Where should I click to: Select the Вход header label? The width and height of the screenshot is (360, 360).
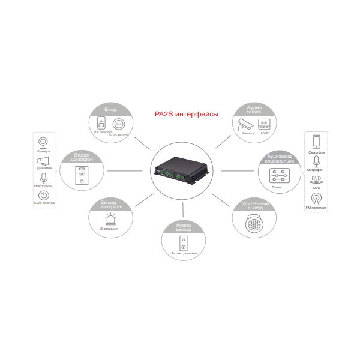[x=110, y=110]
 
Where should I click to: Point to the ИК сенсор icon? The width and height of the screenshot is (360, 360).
[x=101, y=124]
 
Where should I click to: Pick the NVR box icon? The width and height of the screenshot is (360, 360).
[x=263, y=124]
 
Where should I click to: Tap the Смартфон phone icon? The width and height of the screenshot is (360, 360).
[x=317, y=142]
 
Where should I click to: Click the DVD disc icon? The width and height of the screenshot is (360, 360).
[x=316, y=179]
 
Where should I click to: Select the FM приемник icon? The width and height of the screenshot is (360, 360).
[x=316, y=197]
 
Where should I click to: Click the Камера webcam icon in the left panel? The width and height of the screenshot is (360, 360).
[x=44, y=142]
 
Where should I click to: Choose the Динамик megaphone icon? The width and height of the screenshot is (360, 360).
[x=44, y=160]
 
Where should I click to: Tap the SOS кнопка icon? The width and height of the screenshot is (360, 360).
[x=44, y=195]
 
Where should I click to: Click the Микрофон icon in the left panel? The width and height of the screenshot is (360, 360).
[x=44, y=178]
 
